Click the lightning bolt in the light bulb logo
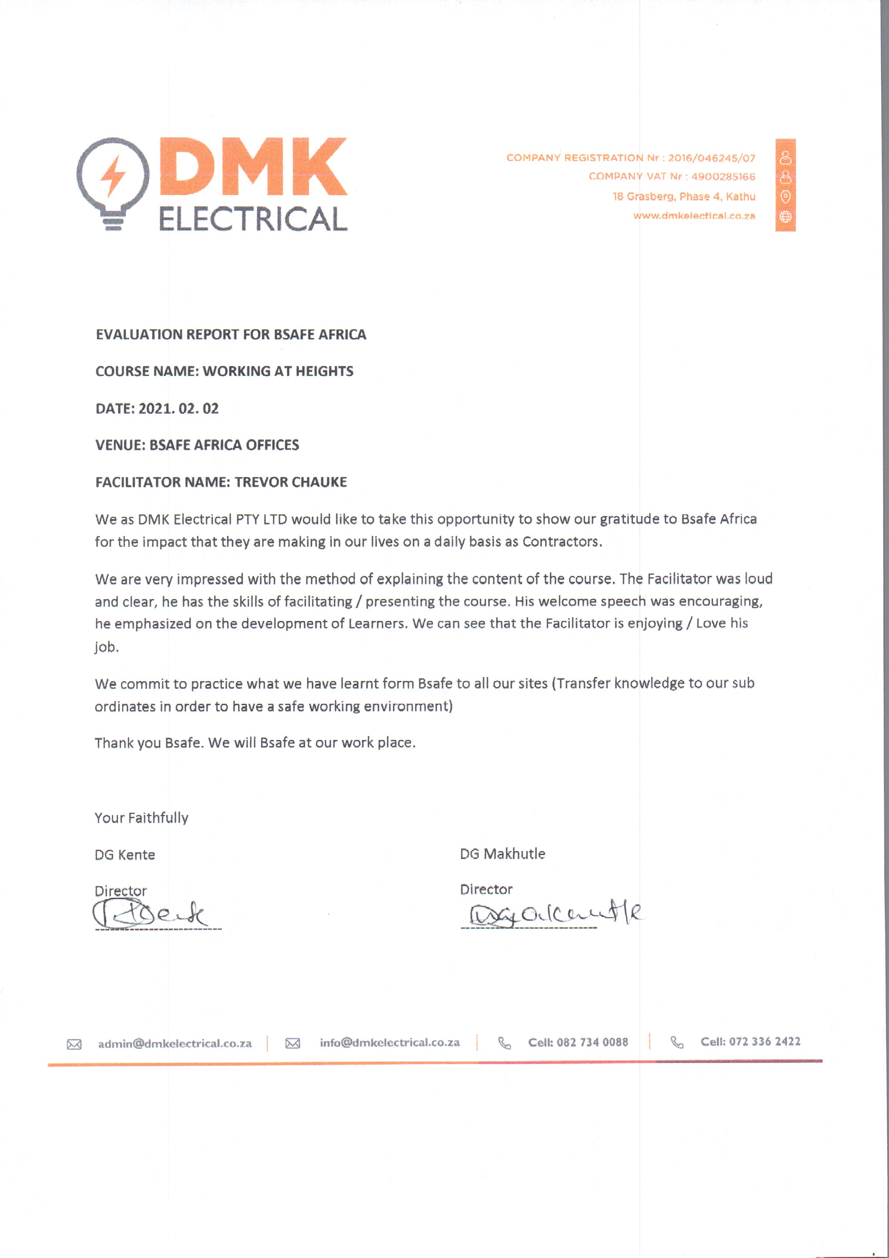113,175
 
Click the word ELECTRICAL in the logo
253,220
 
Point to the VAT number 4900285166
723,176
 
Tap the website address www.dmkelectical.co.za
694,216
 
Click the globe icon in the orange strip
785,217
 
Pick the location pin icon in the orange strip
785,196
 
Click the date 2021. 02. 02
178,409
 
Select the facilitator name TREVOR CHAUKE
291,482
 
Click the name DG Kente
125,855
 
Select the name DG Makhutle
502,854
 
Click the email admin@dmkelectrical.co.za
175,1044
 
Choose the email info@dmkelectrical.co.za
389,1043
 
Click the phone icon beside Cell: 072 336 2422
677,1042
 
